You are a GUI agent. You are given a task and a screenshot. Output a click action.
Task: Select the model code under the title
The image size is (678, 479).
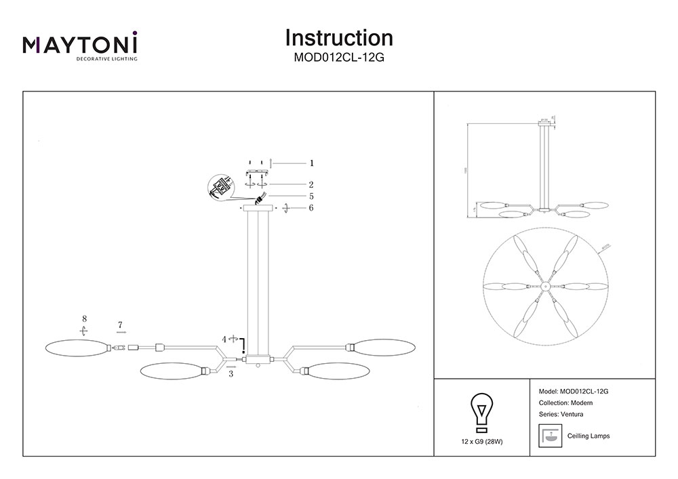pos(339,58)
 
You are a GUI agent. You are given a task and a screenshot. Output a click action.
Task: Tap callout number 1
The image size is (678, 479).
pos(311,163)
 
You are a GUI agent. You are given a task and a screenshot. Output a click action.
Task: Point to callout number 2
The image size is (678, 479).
pos(311,184)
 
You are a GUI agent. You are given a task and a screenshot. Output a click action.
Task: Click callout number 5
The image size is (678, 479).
pos(311,196)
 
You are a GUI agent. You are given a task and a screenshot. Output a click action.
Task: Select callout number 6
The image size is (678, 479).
pos(311,208)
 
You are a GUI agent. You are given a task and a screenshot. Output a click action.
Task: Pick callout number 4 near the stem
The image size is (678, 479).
pos(224,338)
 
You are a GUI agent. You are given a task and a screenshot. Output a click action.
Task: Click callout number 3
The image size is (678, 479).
pos(231,373)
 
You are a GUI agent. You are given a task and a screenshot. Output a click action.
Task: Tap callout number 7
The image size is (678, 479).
pos(120,326)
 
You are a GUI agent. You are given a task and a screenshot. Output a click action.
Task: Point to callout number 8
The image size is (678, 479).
pos(83,318)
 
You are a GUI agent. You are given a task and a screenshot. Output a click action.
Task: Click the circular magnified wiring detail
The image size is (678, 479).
pos(221,188)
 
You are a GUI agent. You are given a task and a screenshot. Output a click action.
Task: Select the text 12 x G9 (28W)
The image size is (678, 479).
pos(481,441)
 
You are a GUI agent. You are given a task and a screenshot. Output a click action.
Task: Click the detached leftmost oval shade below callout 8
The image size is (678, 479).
pos(75,348)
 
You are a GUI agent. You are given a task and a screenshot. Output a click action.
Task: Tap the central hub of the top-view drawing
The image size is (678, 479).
pos(544,285)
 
